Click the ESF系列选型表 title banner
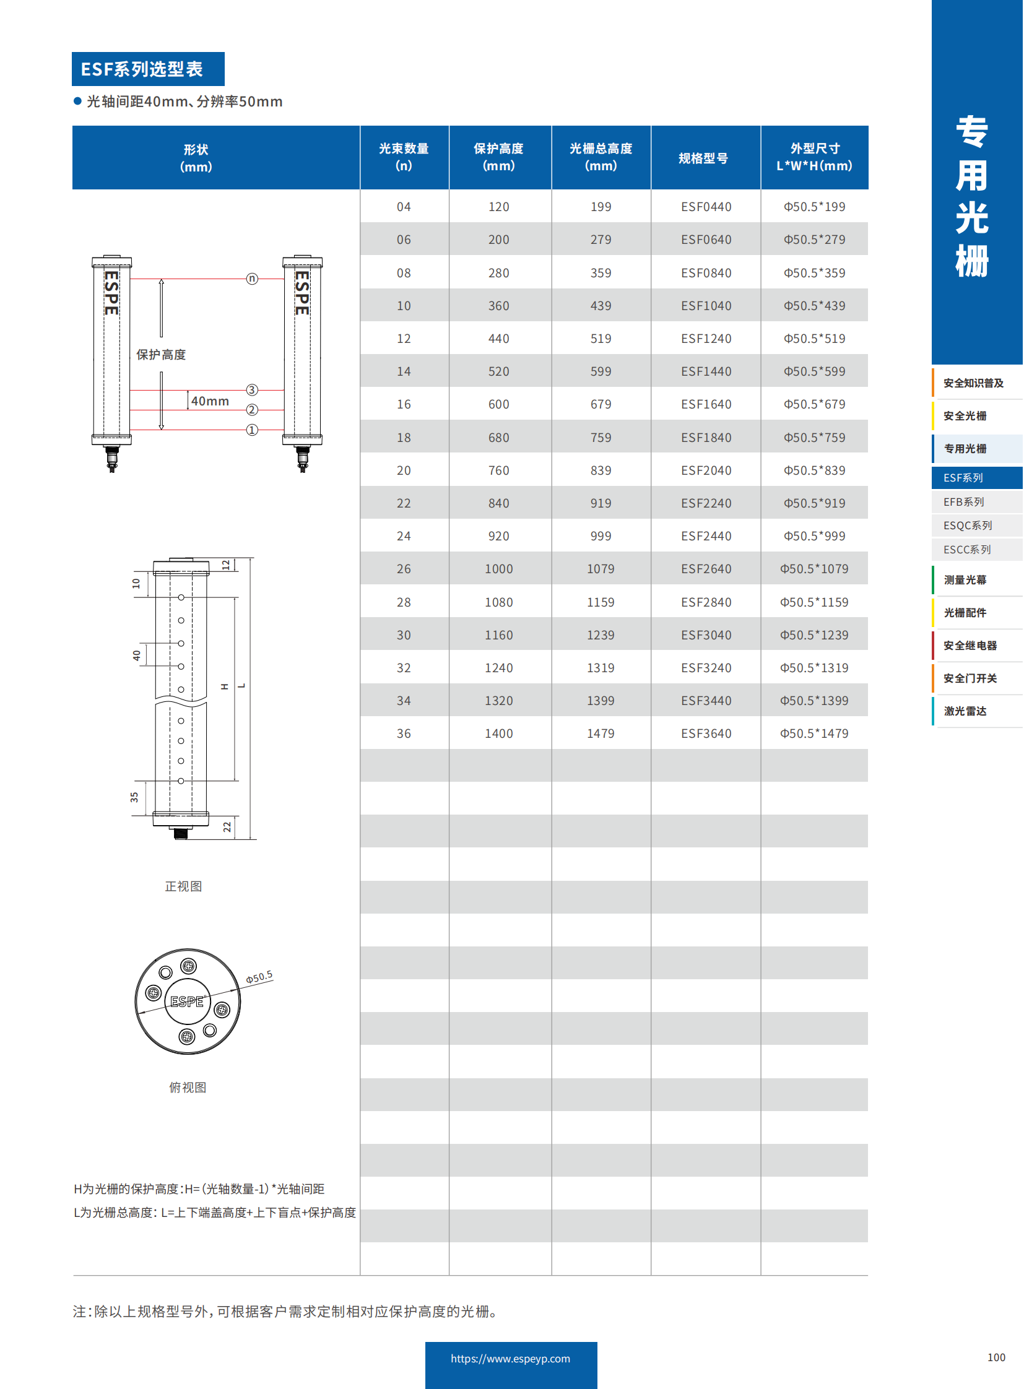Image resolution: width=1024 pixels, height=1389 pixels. [148, 69]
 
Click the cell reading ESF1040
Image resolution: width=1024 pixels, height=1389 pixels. [706, 306]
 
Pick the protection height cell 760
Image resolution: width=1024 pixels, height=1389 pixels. [498, 470]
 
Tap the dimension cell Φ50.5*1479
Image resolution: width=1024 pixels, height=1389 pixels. [814, 733]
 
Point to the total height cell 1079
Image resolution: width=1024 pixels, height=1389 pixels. [601, 569]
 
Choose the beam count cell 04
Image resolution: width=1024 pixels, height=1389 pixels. [404, 206]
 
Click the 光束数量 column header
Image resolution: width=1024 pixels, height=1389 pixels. [404, 157]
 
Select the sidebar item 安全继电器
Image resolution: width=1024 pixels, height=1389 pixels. [970, 645]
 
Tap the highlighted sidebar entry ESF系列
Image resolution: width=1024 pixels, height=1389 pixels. [963, 478]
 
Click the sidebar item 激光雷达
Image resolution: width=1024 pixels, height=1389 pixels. [965, 711]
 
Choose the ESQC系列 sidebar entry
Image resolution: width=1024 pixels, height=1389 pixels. [968, 526]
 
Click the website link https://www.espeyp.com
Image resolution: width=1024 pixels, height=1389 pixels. [510, 1359]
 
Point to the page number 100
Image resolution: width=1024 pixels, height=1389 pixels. [996, 1357]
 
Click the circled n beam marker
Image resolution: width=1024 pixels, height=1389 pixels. [251, 279]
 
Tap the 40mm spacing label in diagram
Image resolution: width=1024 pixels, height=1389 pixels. [210, 401]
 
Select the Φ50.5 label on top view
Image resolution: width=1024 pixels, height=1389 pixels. [259, 977]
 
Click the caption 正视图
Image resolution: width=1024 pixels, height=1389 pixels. [183, 886]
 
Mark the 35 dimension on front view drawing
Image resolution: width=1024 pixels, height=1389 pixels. [134, 797]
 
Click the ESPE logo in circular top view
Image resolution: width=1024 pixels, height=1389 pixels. [187, 1002]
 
